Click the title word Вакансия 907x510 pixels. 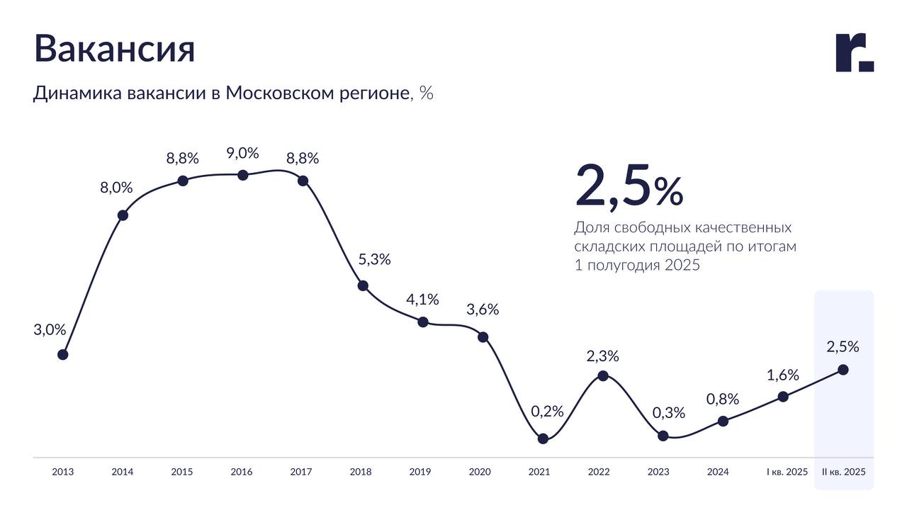114,49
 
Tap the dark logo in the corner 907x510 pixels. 855,52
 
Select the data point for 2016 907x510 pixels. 242,175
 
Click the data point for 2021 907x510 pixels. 543,438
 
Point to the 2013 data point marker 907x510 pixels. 62,354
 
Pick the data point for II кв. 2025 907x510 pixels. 843,369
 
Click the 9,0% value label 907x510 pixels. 242,153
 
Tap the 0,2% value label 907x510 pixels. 547,411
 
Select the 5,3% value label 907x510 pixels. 374,259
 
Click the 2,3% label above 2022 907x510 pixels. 602,356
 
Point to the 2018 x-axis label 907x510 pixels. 361,472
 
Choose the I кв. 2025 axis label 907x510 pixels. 787,472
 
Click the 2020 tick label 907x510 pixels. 480,472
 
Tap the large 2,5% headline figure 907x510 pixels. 629,186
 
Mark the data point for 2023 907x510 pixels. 663,436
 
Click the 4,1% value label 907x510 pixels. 422,300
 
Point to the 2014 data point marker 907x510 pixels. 123,215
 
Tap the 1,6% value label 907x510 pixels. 782,375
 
